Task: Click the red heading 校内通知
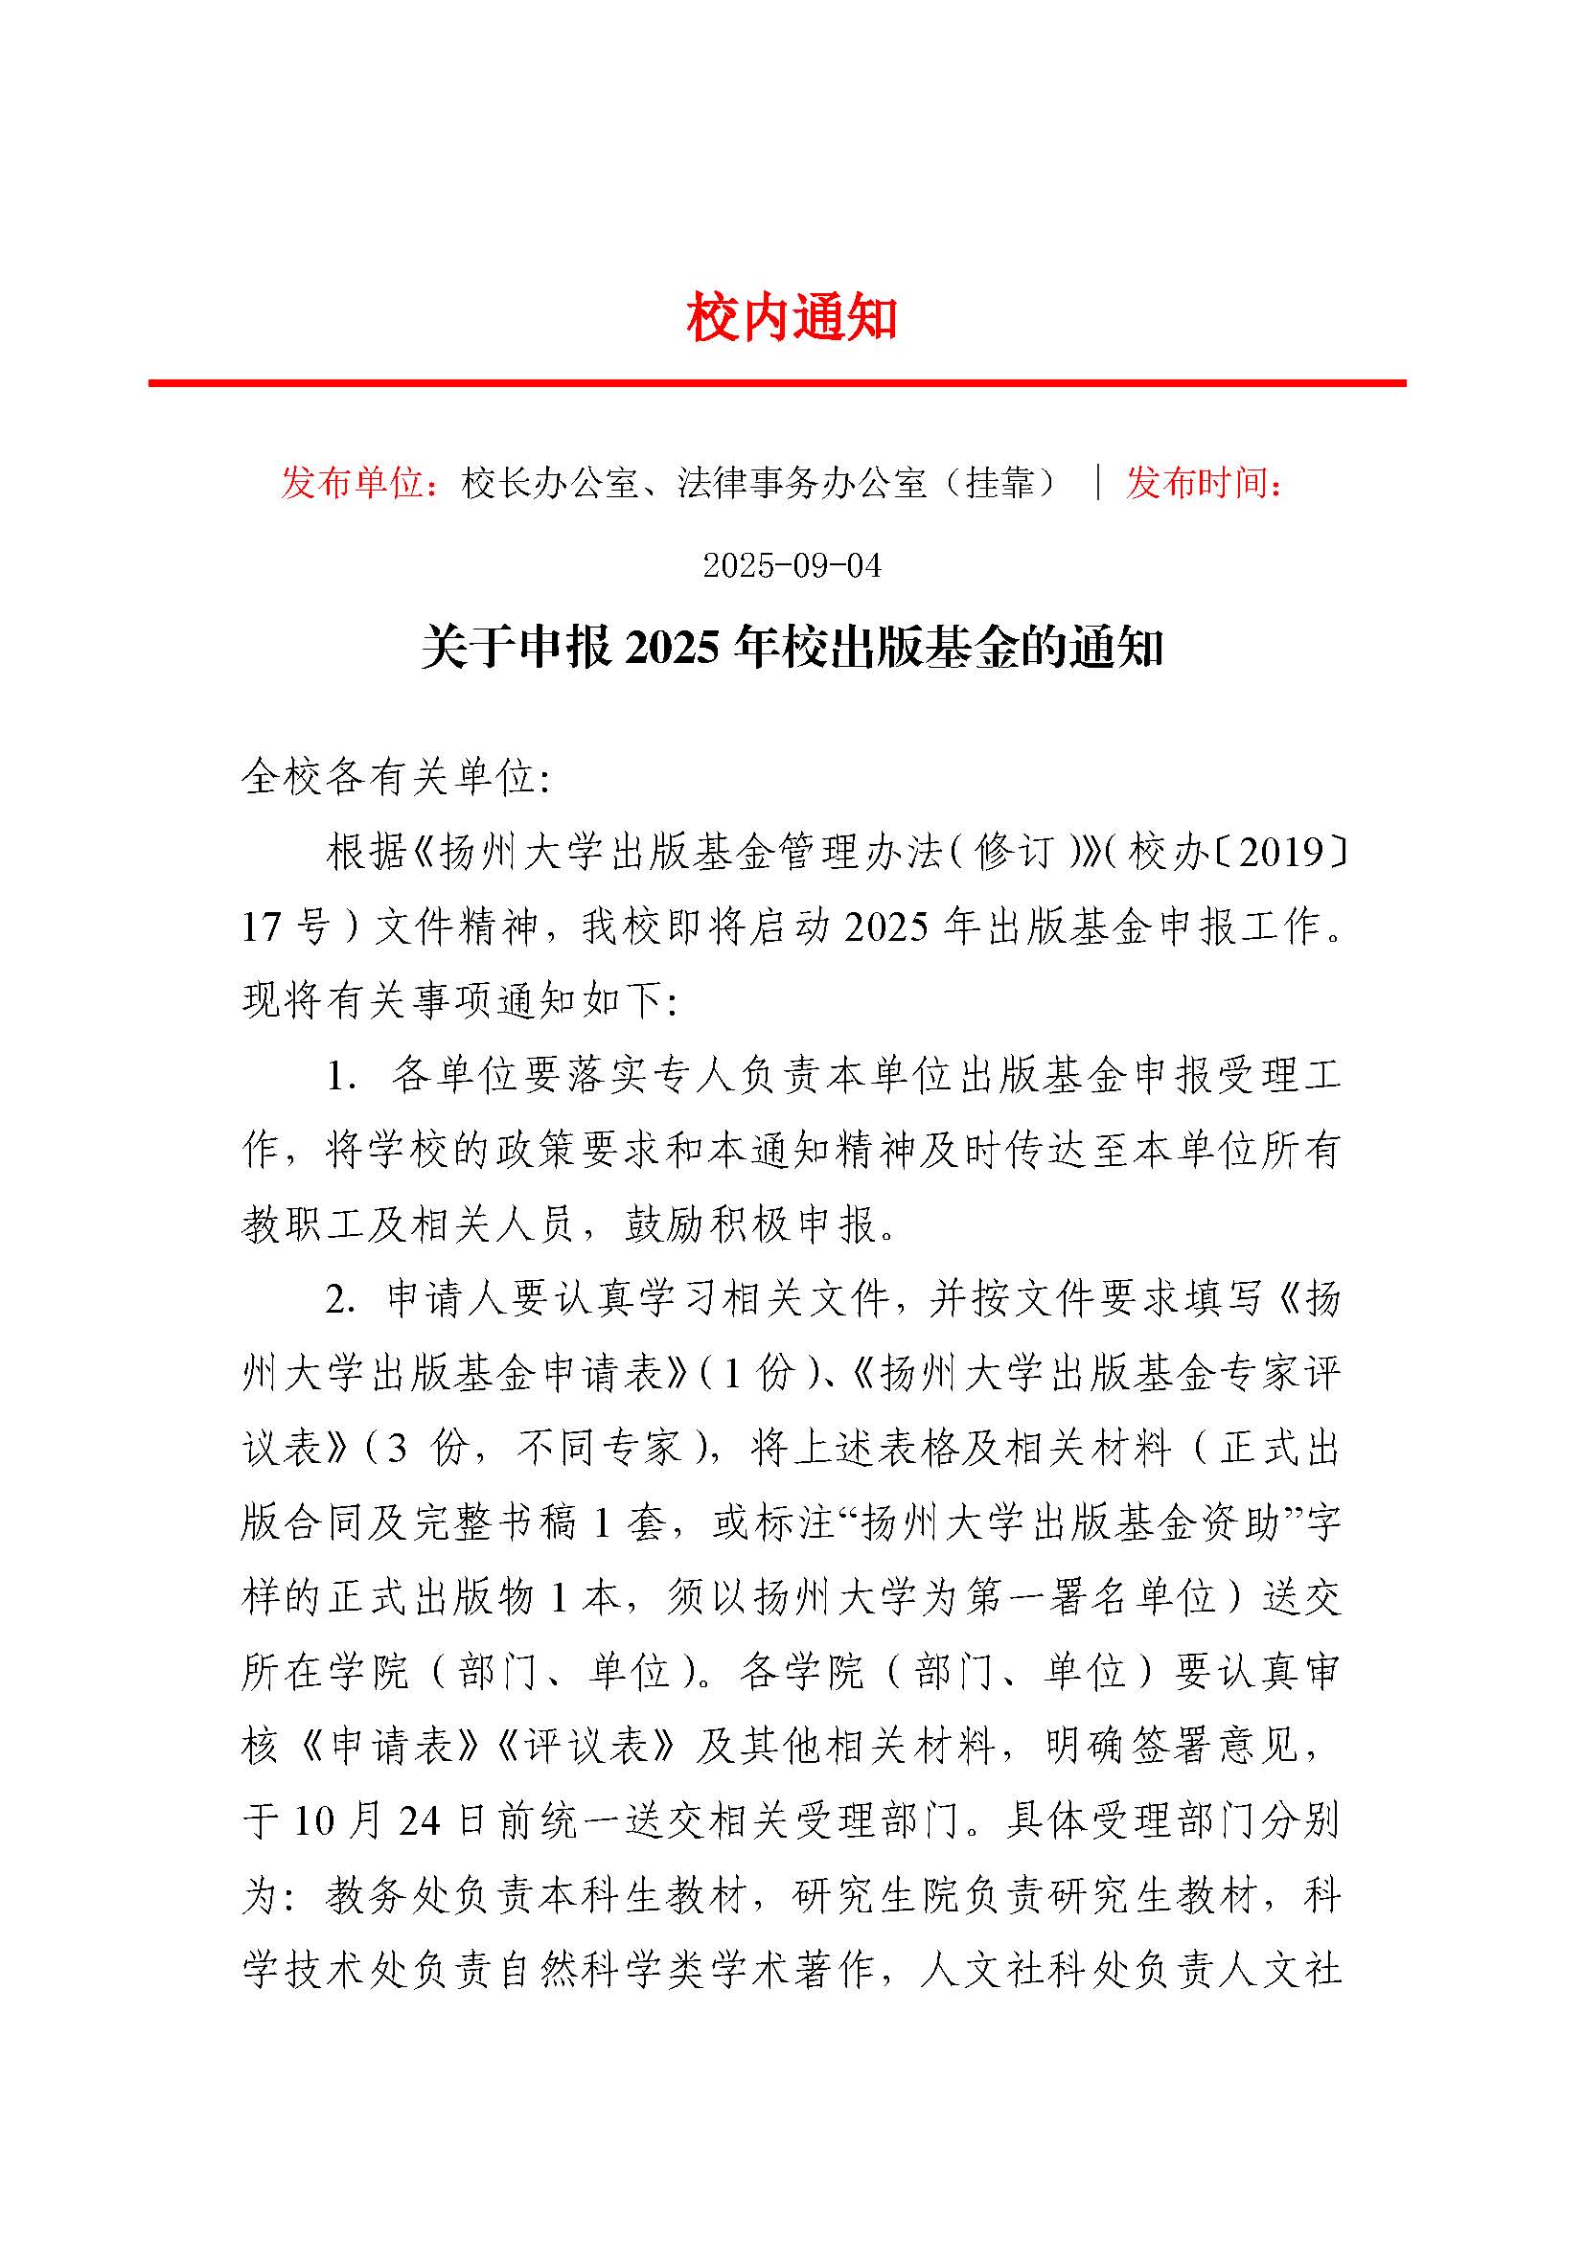tap(792, 318)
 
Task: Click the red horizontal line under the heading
tap(777, 383)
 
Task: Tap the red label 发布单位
tap(352, 483)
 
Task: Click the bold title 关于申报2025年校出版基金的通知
tap(792, 648)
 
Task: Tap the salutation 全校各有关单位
tap(395, 778)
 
